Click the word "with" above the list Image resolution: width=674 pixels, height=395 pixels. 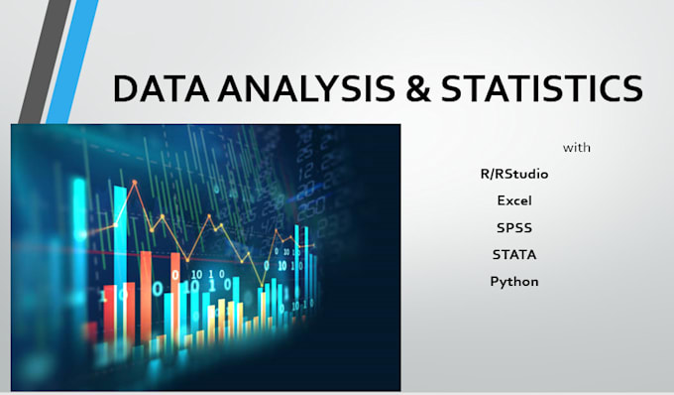point(577,148)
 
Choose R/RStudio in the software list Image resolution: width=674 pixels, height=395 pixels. point(513,174)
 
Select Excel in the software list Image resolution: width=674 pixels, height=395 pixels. point(514,200)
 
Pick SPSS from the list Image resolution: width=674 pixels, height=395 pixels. point(514,227)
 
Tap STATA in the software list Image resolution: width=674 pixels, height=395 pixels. point(514,254)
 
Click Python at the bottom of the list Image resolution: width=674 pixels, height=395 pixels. point(514,282)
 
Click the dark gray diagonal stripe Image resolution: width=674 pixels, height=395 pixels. point(40,60)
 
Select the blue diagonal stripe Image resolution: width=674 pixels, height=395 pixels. point(71,60)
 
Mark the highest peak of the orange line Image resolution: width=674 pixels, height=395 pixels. point(135,186)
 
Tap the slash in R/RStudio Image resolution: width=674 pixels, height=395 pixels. point(492,174)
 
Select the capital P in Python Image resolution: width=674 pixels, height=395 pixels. point(495,282)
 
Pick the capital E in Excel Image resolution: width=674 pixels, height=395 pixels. point(502,200)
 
